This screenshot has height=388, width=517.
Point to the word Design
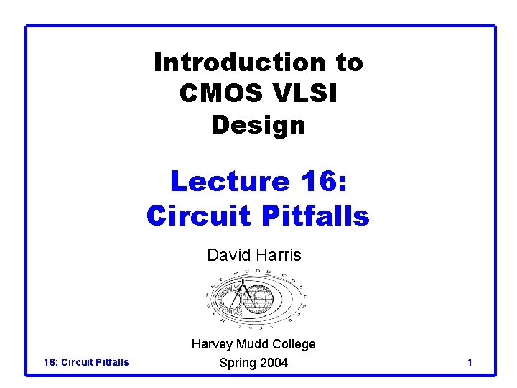click(x=258, y=125)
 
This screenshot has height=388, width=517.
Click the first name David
click(x=226, y=255)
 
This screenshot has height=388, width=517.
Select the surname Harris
click(x=278, y=255)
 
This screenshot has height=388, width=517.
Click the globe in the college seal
click(x=258, y=300)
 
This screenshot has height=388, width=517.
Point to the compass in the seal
click(x=241, y=296)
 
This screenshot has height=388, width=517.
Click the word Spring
click(x=238, y=363)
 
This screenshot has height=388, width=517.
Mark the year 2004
click(x=274, y=363)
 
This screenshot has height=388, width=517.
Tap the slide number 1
click(x=469, y=362)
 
